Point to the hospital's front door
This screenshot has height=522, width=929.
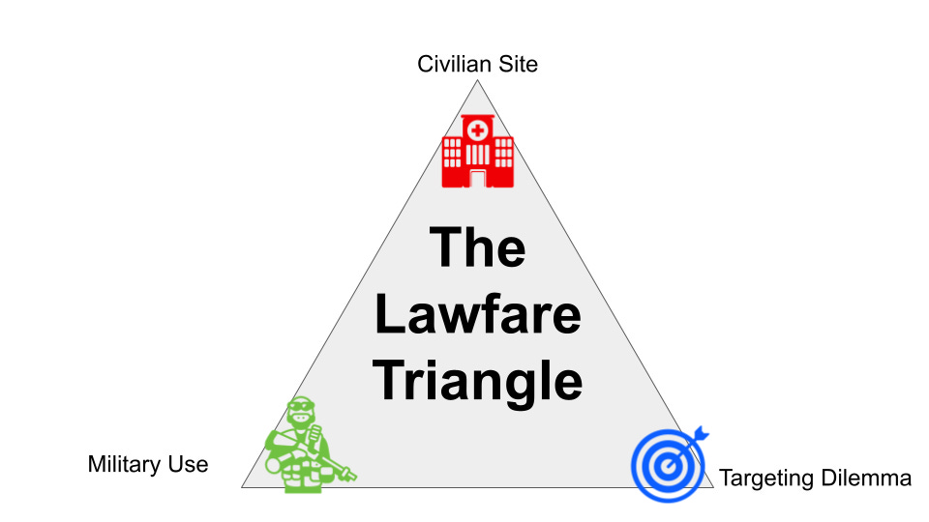(477, 177)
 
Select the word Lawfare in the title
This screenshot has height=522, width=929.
(478, 314)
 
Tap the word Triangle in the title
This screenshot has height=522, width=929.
(478, 380)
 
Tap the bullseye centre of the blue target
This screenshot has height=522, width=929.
(665, 467)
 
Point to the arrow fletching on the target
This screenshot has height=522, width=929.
(701, 432)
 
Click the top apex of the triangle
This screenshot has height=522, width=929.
(477, 82)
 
